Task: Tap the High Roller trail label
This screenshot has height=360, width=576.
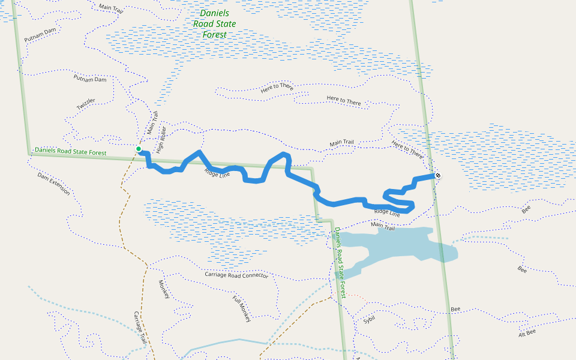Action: pyautogui.click(x=160, y=140)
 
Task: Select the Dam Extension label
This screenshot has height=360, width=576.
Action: pyautogui.click(x=53, y=184)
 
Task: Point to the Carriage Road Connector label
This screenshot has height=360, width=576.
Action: pyautogui.click(x=236, y=275)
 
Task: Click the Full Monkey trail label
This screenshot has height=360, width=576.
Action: pyautogui.click(x=241, y=309)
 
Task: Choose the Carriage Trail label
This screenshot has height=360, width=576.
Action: pyautogui.click(x=140, y=328)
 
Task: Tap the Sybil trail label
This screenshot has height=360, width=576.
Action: pyautogui.click(x=368, y=320)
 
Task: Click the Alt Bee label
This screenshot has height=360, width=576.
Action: pyautogui.click(x=527, y=332)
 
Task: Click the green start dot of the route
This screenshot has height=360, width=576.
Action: pyautogui.click(x=139, y=149)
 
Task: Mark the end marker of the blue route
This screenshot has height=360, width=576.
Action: pyautogui.click(x=438, y=175)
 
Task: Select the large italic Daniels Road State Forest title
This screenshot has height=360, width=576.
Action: pyautogui.click(x=214, y=24)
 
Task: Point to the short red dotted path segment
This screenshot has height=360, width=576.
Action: pyautogui.click(x=356, y=296)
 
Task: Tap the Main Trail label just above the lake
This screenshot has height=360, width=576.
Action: pyautogui.click(x=383, y=226)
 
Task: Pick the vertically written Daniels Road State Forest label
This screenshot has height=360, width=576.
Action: pyautogui.click(x=340, y=263)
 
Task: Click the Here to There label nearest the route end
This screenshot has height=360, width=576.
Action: pyautogui.click(x=407, y=148)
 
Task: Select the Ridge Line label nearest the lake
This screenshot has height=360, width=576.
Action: pyautogui.click(x=387, y=212)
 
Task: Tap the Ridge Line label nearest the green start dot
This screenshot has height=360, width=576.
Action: pyautogui.click(x=217, y=173)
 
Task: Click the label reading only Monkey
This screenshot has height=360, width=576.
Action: pyautogui.click(x=164, y=290)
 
